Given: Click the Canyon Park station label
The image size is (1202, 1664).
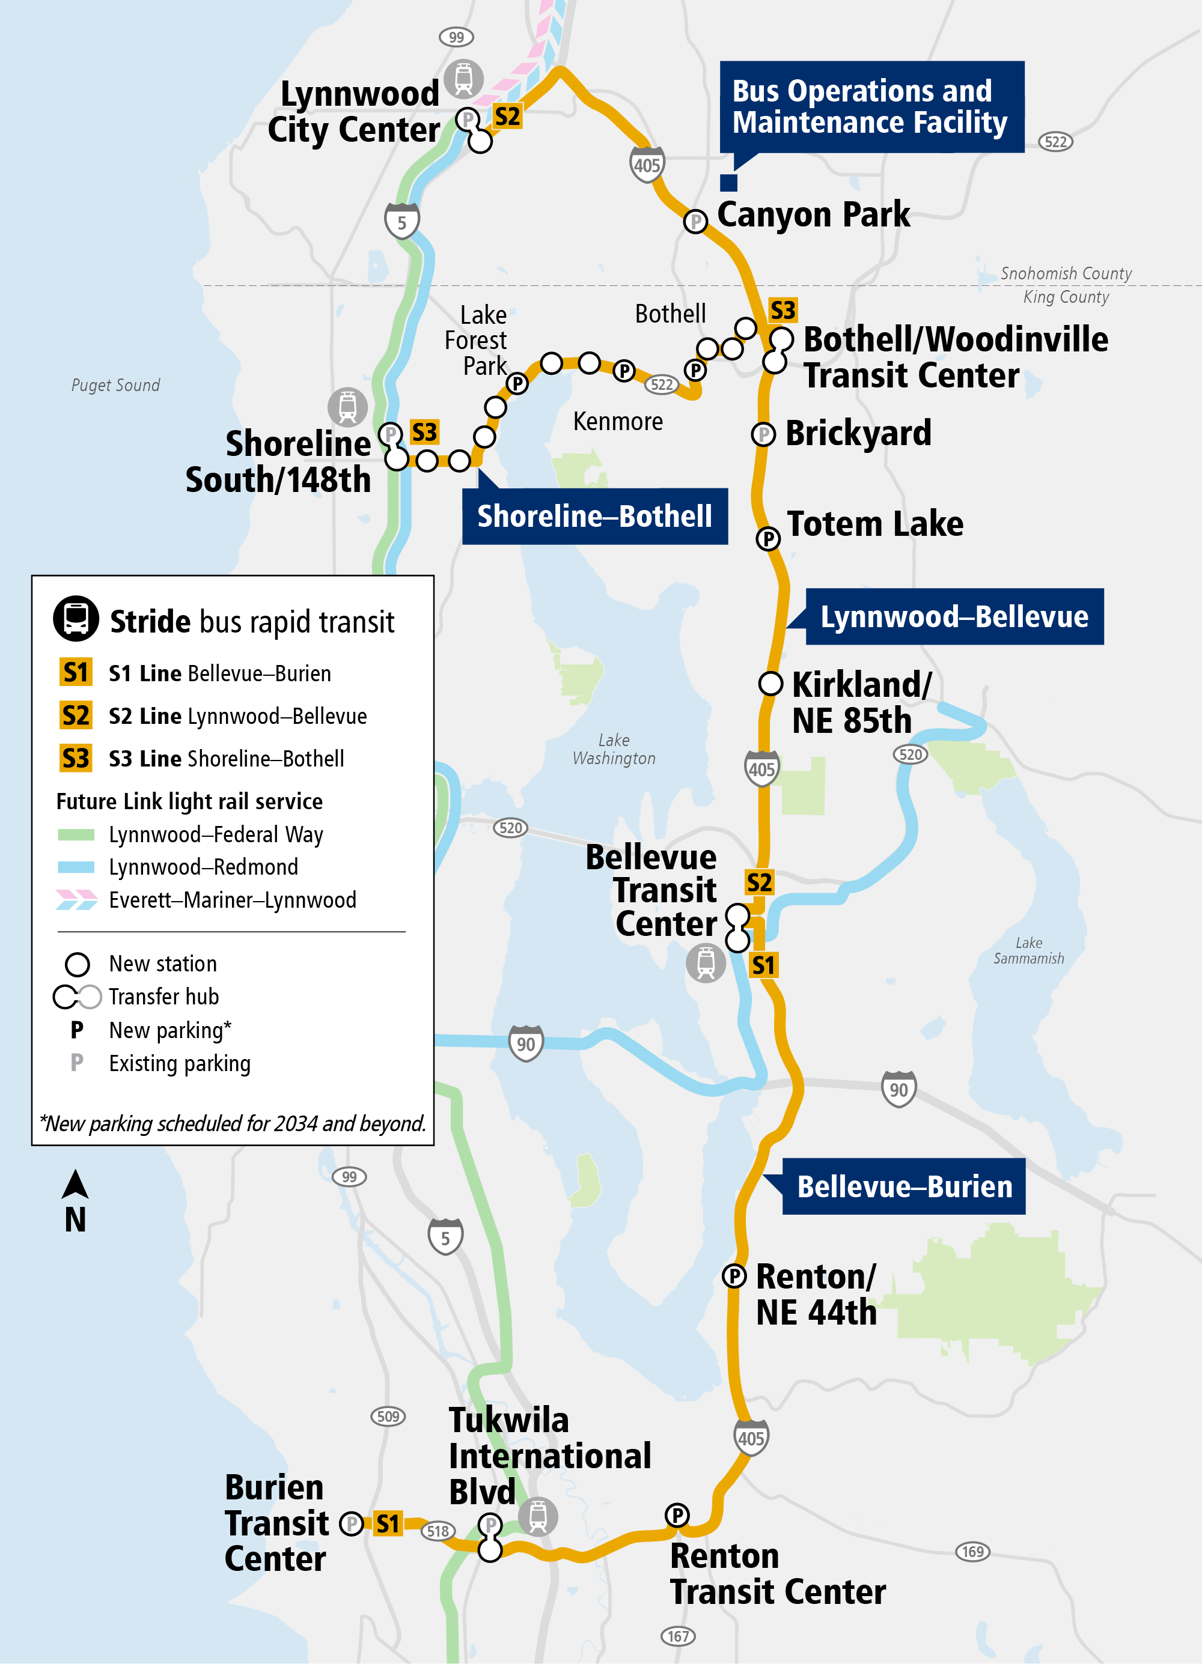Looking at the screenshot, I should click(813, 215).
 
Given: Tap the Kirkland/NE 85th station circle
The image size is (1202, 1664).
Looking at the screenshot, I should click(770, 683).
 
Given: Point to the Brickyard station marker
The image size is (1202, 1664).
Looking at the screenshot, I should click(763, 434).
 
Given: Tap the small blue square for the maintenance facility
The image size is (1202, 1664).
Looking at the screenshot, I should click(728, 183).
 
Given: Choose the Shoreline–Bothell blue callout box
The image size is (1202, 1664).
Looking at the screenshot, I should click(594, 517).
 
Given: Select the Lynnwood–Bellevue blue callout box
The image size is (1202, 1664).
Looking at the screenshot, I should click(954, 617).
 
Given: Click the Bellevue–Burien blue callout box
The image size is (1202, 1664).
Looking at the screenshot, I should click(904, 1186).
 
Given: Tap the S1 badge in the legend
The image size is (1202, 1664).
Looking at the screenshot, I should click(76, 672).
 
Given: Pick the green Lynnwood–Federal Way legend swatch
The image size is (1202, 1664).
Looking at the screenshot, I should click(76, 834).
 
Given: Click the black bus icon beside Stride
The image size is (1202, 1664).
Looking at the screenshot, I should click(76, 619).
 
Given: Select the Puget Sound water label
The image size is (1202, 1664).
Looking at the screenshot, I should click(115, 385).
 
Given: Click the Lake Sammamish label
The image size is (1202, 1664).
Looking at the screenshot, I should click(1028, 950).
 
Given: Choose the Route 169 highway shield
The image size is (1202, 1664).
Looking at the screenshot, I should click(972, 1552).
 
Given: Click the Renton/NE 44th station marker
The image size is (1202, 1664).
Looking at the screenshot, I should click(734, 1276).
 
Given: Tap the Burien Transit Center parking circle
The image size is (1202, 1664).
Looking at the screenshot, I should click(352, 1524).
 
